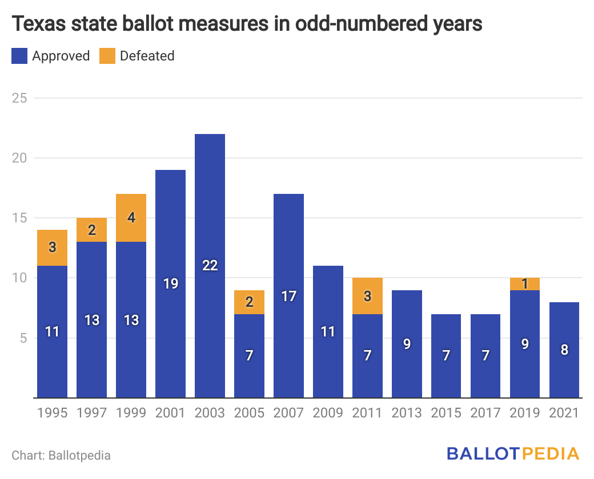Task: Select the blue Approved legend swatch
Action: (19, 56)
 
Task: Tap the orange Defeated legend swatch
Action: (107, 56)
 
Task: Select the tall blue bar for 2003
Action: (210, 266)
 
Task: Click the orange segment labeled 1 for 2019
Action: (525, 284)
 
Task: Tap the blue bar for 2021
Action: (564, 350)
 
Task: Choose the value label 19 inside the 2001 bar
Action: (171, 283)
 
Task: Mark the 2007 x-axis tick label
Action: (288, 413)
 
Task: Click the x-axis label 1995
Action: (52, 413)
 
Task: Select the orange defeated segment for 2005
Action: (249, 302)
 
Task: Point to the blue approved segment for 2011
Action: (367, 355)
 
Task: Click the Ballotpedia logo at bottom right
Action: (513, 454)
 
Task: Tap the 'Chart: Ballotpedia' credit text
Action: (61, 455)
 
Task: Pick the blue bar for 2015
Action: (446, 355)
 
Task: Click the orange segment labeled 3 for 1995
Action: (53, 247)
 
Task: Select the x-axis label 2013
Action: (407, 413)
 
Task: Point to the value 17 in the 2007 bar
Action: (289, 295)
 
